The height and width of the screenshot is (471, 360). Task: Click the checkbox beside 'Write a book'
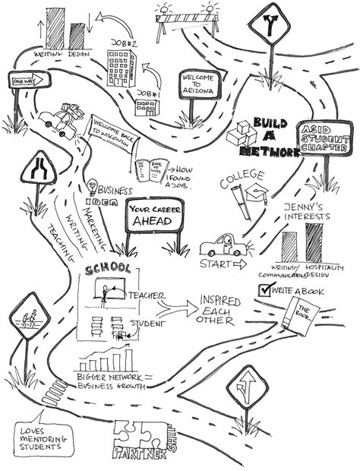[x=265, y=289]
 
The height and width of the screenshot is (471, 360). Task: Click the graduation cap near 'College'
[x=259, y=195]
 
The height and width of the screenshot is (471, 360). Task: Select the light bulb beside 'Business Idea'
[x=93, y=185]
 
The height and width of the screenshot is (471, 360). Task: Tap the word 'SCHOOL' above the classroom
[x=112, y=270]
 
